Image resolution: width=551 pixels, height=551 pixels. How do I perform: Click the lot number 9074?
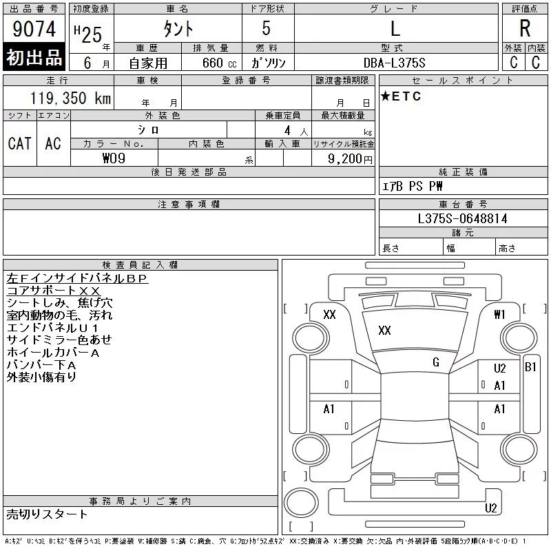(34, 29)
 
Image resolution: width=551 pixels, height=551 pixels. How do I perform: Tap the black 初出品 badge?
(34, 57)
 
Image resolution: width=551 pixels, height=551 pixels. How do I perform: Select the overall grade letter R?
(525, 28)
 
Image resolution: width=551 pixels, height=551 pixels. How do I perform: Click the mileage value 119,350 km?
(70, 98)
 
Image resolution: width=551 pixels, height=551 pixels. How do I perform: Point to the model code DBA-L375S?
(395, 63)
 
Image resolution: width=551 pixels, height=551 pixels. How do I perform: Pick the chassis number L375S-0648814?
(462, 218)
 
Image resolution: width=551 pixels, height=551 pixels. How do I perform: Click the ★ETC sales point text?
(401, 96)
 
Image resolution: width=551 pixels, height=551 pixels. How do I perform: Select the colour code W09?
(114, 158)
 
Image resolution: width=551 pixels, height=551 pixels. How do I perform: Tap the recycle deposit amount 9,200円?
(350, 159)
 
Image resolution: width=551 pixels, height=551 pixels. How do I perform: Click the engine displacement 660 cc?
(219, 63)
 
